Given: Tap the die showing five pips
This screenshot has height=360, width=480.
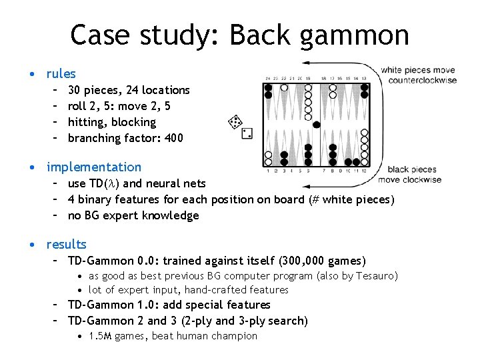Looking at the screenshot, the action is tap(235, 122).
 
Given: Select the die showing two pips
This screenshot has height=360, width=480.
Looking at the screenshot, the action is tap(247, 133).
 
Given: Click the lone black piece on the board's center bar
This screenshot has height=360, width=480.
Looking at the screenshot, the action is tap(316, 125).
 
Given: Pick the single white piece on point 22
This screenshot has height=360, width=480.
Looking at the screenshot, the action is tap(284, 87).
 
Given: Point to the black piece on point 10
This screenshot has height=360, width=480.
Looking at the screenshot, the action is tap(349, 162).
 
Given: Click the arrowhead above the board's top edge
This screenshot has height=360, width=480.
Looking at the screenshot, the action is tap(305, 63).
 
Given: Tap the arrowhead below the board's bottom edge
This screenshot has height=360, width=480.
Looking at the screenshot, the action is tap(305, 185).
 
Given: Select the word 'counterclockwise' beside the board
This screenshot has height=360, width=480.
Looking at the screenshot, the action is tap(423, 80).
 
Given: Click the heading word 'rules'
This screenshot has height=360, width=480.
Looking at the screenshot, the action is tap(61, 74).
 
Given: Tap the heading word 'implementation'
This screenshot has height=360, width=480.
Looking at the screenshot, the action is tap(94, 167).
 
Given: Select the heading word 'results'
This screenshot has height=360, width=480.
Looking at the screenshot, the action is tap(66, 245).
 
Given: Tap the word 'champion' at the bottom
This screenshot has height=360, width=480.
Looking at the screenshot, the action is tap(234, 336).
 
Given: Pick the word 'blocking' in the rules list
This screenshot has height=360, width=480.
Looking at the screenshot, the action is tap(134, 123).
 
